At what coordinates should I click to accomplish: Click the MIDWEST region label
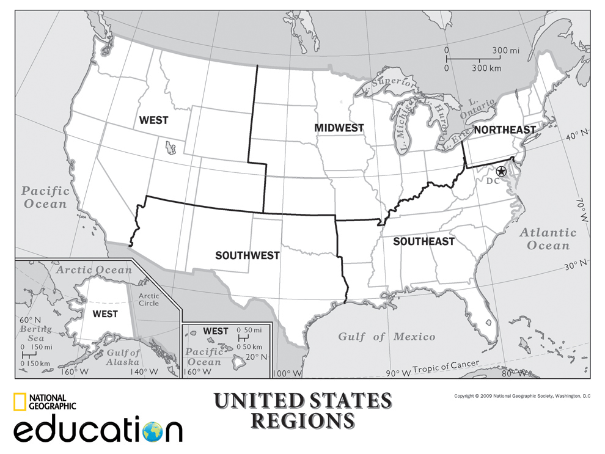(339, 128)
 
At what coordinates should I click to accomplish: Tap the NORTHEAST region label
(505, 130)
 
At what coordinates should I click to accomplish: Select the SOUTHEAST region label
(424, 241)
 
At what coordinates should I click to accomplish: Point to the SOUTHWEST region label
(248, 255)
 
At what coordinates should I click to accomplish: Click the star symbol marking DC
(501, 171)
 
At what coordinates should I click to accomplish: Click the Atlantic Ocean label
(548, 239)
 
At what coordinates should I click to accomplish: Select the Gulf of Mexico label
(387, 337)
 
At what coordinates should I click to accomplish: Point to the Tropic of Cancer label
(446, 367)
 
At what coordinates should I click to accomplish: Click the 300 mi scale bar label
(505, 50)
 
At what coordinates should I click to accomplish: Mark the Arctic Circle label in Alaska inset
(148, 299)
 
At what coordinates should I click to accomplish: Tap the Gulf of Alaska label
(123, 357)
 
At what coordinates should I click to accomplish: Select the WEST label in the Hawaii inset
(215, 331)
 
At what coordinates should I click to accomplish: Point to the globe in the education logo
(153, 431)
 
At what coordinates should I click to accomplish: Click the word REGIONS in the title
(303, 420)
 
